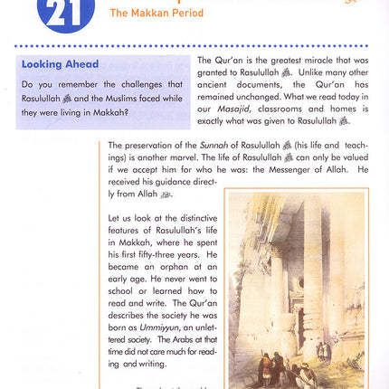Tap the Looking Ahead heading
pyautogui.click(x=61, y=64)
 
